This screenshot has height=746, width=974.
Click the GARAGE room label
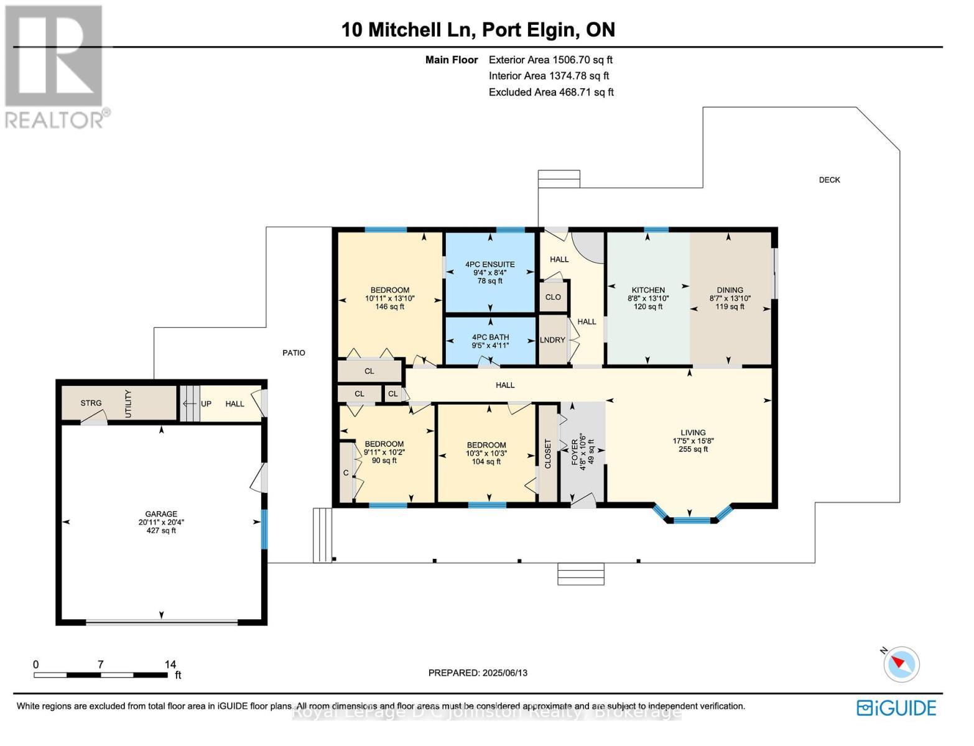pyautogui.click(x=161, y=514)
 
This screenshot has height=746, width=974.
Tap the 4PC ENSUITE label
pyautogui.click(x=490, y=264)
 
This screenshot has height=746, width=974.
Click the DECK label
pyautogui.click(x=829, y=180)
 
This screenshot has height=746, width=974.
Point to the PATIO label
pyautogui.click(x=294, y=352)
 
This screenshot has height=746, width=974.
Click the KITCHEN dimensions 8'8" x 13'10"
pyautogui.click(x=648, y=298)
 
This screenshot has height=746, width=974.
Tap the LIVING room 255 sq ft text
pyautogui.click(x=693, y=449)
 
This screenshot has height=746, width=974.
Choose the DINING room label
pyautogui.click(x=730, y=290)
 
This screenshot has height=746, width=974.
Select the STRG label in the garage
pyautogui.click(x=91, y=403)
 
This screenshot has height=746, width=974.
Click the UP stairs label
pyautogui.click(x=206, y=403)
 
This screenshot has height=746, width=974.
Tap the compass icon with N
pyautogui.click(x=901, y=663)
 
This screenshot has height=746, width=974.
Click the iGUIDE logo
pyautogui.click(x=896, y=707)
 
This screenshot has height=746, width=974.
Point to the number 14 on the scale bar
pyautogui.click(x=170, y=664)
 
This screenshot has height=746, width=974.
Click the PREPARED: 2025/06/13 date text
pyautogui.click(x=478, y=673)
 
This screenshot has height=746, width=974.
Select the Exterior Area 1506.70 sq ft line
pyautogui.click(x=550, y=60)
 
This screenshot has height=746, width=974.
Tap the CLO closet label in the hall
pyautogui.click(x=553, y=297)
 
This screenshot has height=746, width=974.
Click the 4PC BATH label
pyautogui.click(x=490, y=337)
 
